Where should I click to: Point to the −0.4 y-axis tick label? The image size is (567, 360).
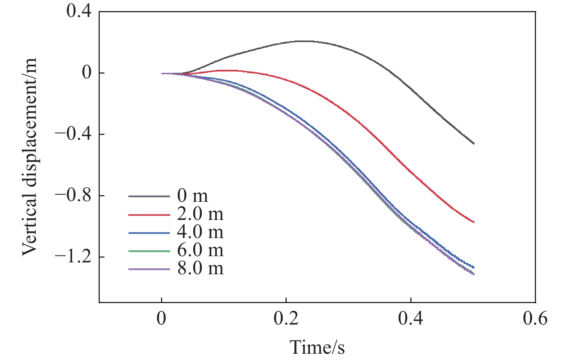(73, 134)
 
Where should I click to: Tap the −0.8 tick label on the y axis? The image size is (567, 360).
(73, 196)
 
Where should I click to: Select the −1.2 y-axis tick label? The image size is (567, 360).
(73, 257)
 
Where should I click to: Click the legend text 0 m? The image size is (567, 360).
(192, 196)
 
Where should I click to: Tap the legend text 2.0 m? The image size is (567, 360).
(200, 214)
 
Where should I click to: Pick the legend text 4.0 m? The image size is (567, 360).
(200, 232)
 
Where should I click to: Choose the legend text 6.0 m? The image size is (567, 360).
(200, 251)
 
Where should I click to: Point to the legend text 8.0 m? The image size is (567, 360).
(200, 269)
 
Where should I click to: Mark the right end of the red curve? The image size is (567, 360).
(474, 222)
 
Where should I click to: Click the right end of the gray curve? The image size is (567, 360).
(474, 143)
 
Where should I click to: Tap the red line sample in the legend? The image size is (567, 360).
(149, 214)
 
